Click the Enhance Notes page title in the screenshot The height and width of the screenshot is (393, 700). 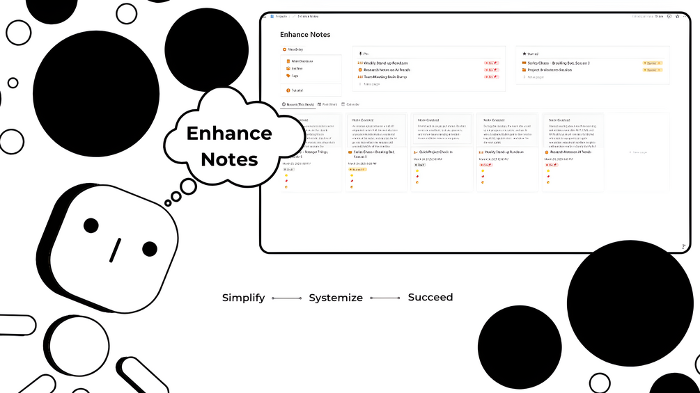click(305, 35)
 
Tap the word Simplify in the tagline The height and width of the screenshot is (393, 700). click(243, 298)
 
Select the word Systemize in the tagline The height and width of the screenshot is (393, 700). click(336, 298)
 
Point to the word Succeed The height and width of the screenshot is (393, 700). click(430, 297)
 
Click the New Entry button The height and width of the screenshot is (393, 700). click(293, 49)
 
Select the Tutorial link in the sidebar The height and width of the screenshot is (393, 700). click(296, 90)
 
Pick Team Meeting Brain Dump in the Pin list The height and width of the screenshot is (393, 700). click(384, 77)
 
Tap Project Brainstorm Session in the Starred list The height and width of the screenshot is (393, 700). click(550, 70)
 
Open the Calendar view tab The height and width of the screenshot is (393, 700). click(352, 104)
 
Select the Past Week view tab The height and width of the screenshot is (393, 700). click(329, 104)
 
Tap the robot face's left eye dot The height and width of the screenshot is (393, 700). click(91, 225)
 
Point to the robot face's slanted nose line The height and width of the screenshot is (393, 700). click(116, 250)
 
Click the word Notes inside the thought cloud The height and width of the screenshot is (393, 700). click(230, 159)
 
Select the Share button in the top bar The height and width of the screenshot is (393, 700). click(658, 15)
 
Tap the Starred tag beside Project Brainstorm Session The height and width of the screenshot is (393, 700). click(652, 70)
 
